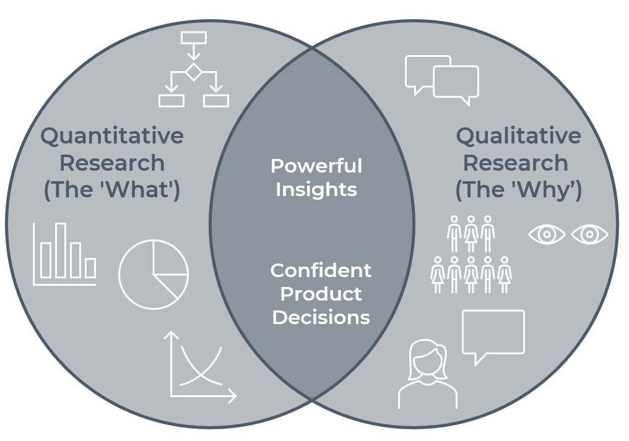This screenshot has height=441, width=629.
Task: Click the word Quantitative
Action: (112, 136)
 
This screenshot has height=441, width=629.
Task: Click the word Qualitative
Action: (518, 136)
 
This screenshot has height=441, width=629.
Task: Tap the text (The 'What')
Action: (112, 191)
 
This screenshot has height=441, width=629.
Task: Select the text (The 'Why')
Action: (518, 191)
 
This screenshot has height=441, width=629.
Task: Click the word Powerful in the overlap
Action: (316, 166)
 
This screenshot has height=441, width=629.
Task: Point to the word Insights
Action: (316, 189)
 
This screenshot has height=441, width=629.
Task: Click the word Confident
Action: (321, 270)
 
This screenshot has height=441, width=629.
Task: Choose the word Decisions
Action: (321, 317)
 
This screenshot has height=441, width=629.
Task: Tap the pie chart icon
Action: (153, 273)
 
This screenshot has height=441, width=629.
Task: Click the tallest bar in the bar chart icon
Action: (61, 250)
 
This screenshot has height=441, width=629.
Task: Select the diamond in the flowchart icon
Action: (194, 72)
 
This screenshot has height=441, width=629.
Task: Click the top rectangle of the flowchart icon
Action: (194, 38)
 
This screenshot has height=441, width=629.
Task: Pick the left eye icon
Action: (547, 234)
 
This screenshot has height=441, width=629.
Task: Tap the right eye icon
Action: (589, 234)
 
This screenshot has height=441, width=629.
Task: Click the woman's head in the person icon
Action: (427, 359)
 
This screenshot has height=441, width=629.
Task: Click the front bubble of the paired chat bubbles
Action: (456, 82)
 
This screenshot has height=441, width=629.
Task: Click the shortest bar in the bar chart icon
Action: (90, 268)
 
